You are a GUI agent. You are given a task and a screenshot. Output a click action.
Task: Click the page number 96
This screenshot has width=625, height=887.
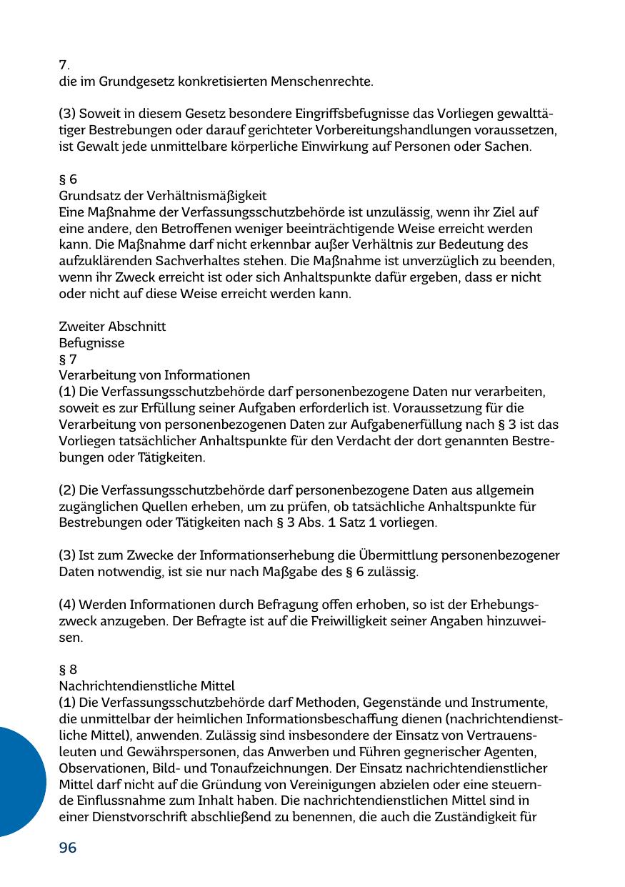pos(67,848)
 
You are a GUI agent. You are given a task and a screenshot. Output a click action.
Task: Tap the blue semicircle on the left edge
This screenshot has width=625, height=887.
pos(18,781)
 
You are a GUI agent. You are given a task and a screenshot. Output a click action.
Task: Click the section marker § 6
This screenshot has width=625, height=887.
pos(67,179)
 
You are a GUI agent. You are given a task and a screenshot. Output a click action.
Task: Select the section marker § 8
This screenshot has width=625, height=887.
pos(67,669)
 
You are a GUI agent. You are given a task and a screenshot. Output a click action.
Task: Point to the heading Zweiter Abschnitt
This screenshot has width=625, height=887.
pos(112,327)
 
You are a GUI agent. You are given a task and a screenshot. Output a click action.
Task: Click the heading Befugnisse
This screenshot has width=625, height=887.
pos(91,343)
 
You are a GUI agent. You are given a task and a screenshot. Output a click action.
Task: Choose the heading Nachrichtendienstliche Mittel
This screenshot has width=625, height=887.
pos(146,685)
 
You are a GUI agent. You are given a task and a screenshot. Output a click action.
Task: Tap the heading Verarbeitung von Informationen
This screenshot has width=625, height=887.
pos(154,375)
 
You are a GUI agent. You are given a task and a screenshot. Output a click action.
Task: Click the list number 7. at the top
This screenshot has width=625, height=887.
pos(64,65)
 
